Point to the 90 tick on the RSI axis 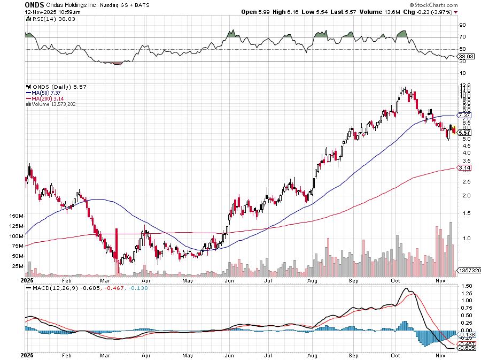(462, 25)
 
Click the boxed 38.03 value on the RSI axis (467, 56)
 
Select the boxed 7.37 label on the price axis (464, 115)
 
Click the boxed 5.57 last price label (464, 133)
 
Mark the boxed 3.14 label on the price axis (464, 167)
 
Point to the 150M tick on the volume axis (16, 216)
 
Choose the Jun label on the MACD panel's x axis (230, 355)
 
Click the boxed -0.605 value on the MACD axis (466, 348)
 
